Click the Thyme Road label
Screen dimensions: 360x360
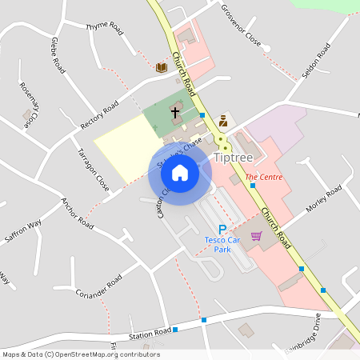tap(105, 28)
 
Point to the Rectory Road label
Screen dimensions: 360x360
tap(100, 117)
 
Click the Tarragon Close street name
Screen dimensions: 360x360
tap(94, 169)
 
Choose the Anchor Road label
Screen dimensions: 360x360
tap(78, 213)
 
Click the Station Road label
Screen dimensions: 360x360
tap(152, 331)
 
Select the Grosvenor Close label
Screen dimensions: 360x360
tap(242, 28)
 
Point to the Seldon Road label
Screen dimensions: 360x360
tap(318, 62)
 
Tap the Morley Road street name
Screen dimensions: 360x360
tap(323, 198)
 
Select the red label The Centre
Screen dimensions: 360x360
tap(263, 177)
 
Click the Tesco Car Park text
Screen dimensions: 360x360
tap(222, 244)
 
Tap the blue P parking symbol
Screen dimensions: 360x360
tap(222, 230)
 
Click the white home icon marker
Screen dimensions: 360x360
tap(180, 172)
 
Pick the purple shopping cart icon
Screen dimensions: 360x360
tap(256, 236)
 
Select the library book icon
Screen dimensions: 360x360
tap(162, 67)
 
